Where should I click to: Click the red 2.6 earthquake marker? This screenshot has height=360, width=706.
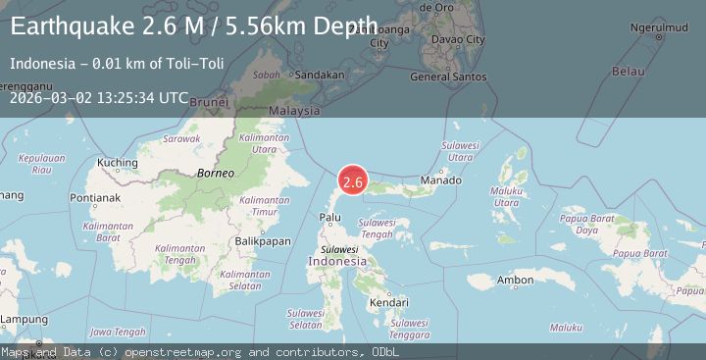point(353,181)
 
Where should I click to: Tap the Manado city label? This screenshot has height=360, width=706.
point(440,181)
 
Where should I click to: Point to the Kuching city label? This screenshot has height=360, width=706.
point(118,162)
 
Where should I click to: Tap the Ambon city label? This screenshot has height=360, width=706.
point(515,281)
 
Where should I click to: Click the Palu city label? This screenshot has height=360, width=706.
point(330,216)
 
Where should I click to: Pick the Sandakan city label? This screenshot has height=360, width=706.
point(319,75)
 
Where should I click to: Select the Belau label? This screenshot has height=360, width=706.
point(628,72)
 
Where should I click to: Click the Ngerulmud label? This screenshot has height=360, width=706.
point(659,26)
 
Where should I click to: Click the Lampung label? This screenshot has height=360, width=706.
point(25,320)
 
